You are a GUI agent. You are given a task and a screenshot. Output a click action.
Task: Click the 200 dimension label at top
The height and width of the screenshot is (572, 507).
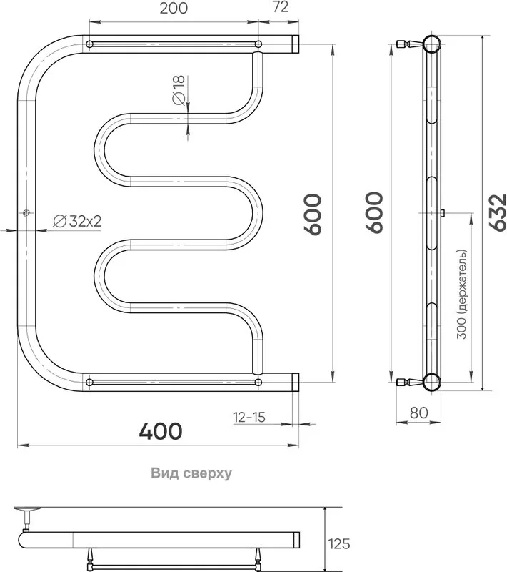pyautogui.click(x=174, y=8)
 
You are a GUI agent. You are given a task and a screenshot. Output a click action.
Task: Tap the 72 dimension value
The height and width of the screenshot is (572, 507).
pyautogui.click(x=281, y=7)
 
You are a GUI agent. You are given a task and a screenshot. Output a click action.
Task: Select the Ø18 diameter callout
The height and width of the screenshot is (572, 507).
pyautogui.click(x=179, y=90)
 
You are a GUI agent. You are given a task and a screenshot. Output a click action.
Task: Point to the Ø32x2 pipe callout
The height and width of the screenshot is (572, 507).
pyautogui.click(x=77, y=221)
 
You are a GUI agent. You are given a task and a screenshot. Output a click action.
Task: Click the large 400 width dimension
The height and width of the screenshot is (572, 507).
pyautogui.click(x=161, y=431)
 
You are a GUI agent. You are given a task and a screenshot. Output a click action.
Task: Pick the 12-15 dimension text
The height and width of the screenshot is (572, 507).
pyautogui.click(x=249, y=417)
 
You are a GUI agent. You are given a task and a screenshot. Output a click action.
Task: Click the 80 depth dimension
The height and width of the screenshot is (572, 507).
pyautogui.click(x=419, y=413)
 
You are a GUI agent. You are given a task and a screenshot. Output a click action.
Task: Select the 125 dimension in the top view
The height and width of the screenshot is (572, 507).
pyautogui.click(x=339, y=544)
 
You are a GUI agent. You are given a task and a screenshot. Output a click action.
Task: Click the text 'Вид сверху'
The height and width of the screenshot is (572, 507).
pyautogui.click(x=191, y=473)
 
